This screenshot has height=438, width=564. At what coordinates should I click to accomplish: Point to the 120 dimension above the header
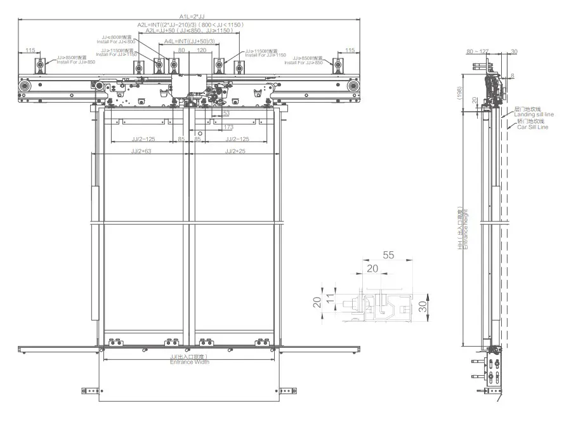pos(202,50)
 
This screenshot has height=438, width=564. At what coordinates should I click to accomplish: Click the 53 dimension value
pos(226,112)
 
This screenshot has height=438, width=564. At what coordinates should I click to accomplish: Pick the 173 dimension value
pos(228,128)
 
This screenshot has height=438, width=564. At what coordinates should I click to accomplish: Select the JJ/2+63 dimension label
pos(140,151)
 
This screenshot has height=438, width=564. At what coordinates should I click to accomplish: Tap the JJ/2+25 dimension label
pos(233,151)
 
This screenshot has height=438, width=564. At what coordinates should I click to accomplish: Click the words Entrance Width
pos(189,362)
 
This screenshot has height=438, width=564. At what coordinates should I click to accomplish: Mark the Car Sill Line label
pos(531,127)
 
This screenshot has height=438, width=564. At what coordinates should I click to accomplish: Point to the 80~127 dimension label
pos(478,51)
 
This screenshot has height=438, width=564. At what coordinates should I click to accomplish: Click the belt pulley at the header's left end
pos(25,86)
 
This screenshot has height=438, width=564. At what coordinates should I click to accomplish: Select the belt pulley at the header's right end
pos(353,86)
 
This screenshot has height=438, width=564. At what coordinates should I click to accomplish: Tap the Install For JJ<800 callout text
pos(115,41)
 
